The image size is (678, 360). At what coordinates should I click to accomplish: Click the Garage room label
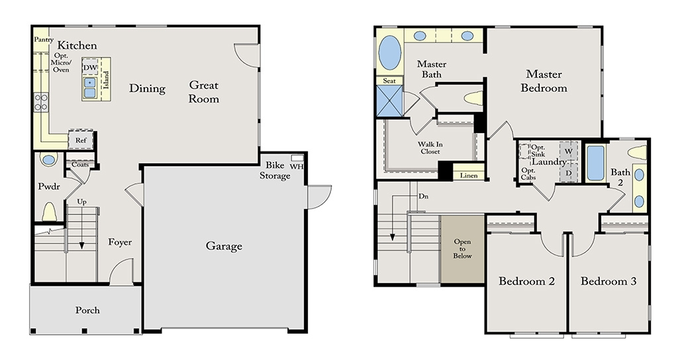(x=224, y=246)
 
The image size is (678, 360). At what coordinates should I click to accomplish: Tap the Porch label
(x=87, y=310)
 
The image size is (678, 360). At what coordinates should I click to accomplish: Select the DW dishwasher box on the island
(x=90, y=67)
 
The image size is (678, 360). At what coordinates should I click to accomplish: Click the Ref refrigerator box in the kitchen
(x=81, y=140)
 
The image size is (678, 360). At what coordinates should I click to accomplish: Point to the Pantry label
(x=44, y=40)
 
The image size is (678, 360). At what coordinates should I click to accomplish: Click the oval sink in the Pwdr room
(x=48, y=160)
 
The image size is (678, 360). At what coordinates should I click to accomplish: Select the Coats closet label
(x=80, y=164)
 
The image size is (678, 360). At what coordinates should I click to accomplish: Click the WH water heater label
(x=297, y=166)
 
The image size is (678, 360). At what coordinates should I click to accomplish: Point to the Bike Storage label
(x=275, y=170)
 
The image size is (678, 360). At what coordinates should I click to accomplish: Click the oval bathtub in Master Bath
(x=389, y=53)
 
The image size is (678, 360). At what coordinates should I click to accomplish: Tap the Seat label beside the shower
(x=389, y=81)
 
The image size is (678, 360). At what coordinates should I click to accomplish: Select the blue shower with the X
(x=389, y=101)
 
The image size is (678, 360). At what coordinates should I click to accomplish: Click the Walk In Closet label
(x=430, y=148)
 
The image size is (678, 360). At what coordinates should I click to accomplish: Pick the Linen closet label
(x=469, y=175)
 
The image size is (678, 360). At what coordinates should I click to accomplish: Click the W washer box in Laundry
(x=569, y=152)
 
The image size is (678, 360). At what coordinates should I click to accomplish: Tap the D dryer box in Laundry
(x=569, y=173)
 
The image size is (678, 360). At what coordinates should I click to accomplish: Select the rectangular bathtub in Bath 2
(x=595, y=163)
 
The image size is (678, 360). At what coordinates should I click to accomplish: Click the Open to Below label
(x=462, y=249)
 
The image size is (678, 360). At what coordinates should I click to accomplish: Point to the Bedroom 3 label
(x=608, y=281)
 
